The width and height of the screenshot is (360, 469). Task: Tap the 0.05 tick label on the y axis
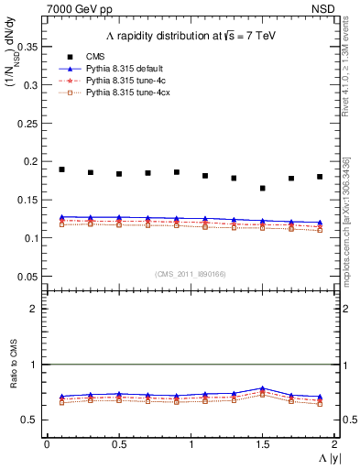click(x=28, y=277)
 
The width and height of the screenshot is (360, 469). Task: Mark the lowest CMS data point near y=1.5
click(x=262, y=189)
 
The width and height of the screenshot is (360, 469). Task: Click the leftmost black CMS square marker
click(x=61, y=169)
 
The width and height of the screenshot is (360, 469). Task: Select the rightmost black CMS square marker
click(x=320, y=177)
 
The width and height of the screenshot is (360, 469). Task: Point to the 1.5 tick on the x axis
click(x=262, y=443)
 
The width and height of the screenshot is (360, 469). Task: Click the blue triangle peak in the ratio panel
click(x=262, y=388)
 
